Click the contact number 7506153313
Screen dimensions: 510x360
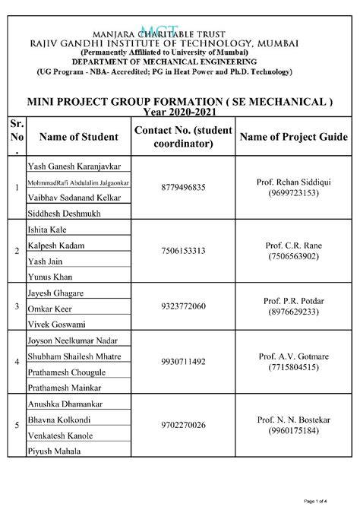point(184,250)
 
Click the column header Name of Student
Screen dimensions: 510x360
point(78,137)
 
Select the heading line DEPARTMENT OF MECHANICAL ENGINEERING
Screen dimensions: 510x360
point(163,61)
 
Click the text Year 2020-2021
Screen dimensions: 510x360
point(179,111)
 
